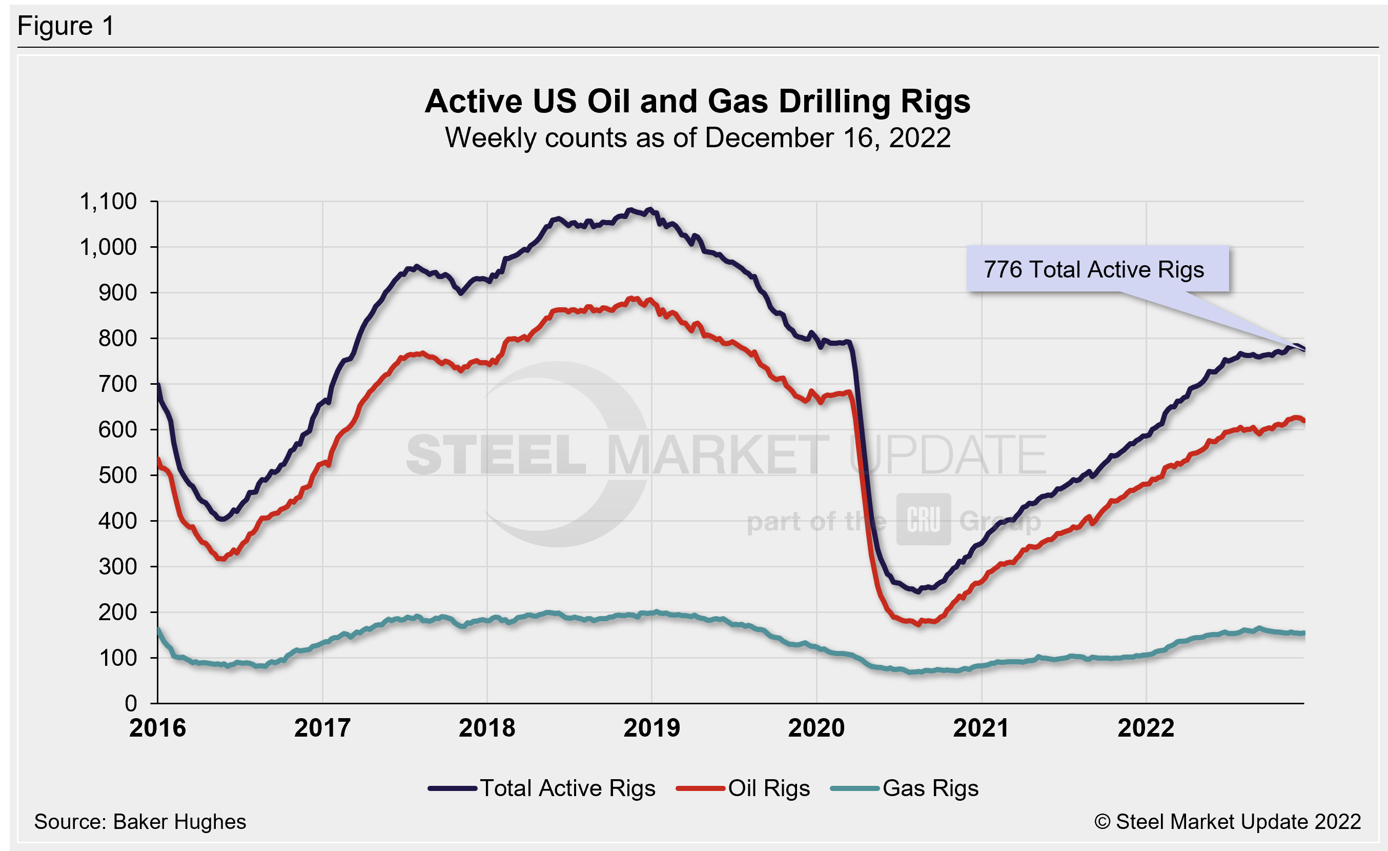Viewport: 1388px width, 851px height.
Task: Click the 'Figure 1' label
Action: point(66,26)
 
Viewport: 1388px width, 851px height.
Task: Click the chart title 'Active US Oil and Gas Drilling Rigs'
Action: point(698,102)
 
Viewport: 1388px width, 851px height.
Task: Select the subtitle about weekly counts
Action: point(698,138)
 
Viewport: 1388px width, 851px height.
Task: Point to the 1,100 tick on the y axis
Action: point(108,201)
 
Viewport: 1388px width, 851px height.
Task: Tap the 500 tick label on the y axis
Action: point(117,475)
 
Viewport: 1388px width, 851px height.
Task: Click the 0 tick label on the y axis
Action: point(131,703)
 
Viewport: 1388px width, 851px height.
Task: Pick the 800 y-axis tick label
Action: point(117,338)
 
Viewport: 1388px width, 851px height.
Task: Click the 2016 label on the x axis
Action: point(157,727)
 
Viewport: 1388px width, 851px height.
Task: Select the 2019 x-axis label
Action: point(652,727)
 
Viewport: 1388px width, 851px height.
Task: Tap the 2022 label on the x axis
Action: point(1146,727)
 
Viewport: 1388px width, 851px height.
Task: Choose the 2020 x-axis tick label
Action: point(816,727)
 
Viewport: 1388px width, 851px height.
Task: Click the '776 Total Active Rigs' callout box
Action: point(1097,269)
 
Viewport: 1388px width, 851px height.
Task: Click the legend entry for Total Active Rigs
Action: point(542,788)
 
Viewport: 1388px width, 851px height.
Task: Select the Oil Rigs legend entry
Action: point(744,788)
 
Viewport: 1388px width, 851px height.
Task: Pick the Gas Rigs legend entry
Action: point(905,788)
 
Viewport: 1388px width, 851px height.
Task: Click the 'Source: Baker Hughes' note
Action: point(140,822)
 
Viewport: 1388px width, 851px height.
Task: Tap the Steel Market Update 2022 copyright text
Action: point(1228,822)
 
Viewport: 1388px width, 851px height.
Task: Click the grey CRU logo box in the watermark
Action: point(923,519)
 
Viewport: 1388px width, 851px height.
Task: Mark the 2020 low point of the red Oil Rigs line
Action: point(919,624)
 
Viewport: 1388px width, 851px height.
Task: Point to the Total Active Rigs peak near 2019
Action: point(649,210)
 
